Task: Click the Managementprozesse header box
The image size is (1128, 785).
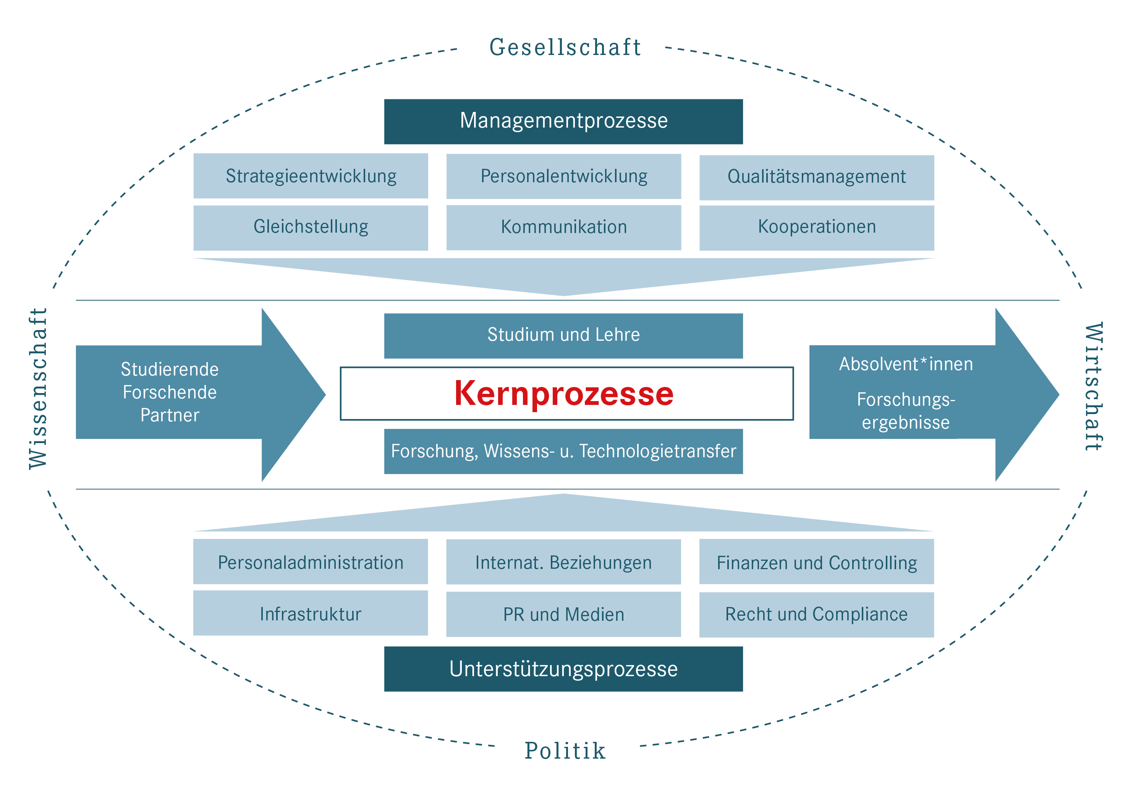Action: tap(563, 121)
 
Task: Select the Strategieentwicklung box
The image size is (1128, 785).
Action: tap(311, 176)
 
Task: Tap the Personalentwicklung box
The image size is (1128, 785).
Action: tap(563, 176)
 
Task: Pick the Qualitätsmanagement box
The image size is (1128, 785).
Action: tap(817, 177)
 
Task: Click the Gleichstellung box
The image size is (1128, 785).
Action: tap(311, 227)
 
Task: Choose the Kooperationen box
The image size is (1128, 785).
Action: tap(817, 227)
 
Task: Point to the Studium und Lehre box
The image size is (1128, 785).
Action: tap(563, 335)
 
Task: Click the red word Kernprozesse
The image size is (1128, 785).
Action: tap(563, 393)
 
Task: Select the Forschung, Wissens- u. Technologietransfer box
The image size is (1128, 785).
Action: tap(563, 451)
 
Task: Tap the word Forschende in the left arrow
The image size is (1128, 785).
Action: tap(170, 392)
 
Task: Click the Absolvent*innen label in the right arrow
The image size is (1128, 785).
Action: tap(905, 364)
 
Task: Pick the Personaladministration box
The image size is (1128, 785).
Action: tap(311, 562)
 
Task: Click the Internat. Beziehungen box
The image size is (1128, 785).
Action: tap(563, 562)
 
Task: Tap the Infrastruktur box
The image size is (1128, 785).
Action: tap(311, 613)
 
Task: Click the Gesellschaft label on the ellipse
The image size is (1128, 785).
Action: tap(565, 48)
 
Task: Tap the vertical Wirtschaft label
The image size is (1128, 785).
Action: tap(1094, 387)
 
